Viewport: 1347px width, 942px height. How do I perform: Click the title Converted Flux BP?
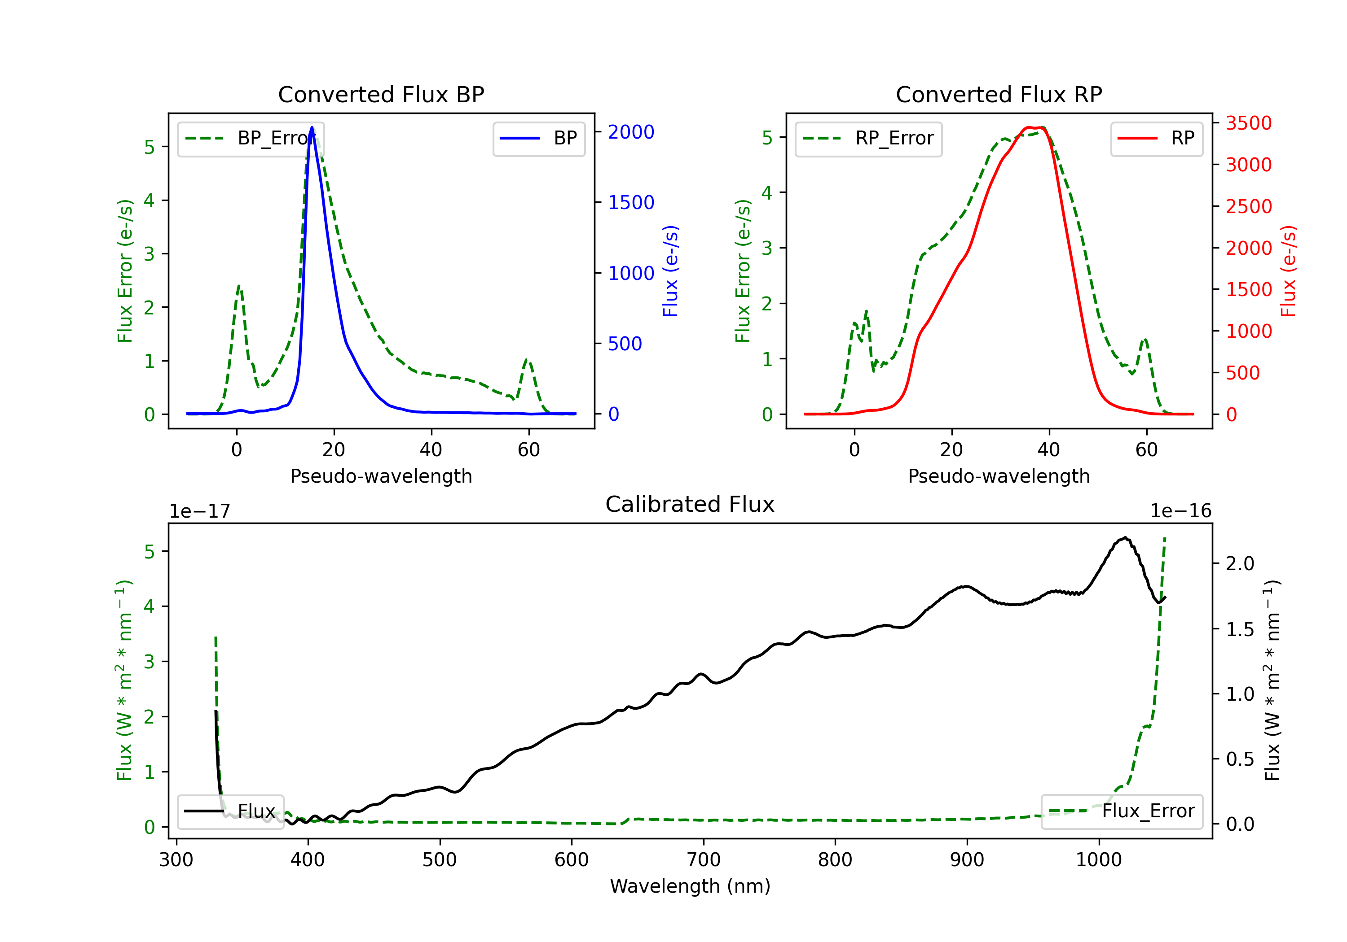pos(381,94)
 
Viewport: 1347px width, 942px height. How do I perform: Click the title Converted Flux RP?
pos(999,94)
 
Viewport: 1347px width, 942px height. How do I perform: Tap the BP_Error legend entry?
pos(251,138)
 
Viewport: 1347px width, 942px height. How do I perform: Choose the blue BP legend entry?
pos(538,138)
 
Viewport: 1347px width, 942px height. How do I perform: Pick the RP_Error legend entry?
pos(868,138)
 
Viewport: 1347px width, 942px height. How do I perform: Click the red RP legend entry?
pos(1156,138)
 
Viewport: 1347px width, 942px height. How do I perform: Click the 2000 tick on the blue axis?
pos(631,132)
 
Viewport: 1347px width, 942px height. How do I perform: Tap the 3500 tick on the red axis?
pos(1248,123)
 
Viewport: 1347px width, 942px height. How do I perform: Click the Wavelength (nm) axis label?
pos(690,886)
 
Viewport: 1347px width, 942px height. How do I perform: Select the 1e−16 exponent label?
pos(1180,511)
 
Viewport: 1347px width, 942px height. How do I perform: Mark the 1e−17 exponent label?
pos(199,511)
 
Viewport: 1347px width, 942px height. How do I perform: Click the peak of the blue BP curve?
pos(312,128)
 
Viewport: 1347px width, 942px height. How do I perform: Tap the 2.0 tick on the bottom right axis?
pos(1240,563)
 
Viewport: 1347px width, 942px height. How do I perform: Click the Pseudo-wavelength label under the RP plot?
pos(999,476)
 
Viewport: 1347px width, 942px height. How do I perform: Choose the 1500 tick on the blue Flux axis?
pos(631,202)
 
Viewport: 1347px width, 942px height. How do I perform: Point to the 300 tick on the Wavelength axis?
pos(176,859)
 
